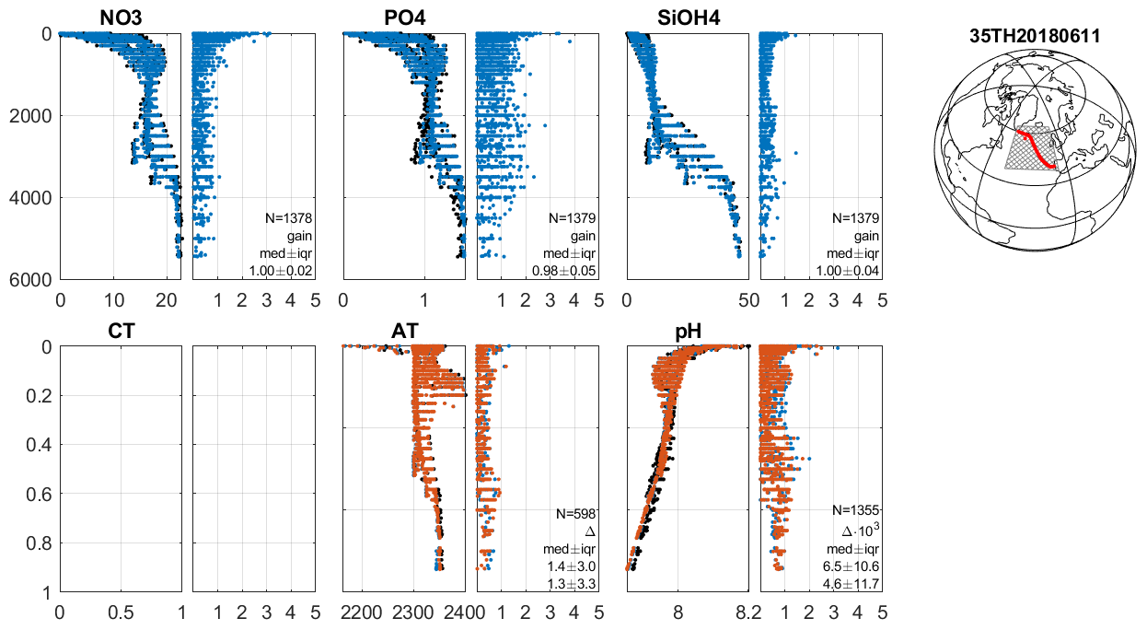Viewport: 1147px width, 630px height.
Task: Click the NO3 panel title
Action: pyautogui.click(x=121, y=17)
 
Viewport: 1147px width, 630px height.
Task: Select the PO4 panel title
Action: pyautogui.click(x=404, y=17)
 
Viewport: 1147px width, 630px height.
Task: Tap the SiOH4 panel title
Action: pyautogui.click(x=687, y=17)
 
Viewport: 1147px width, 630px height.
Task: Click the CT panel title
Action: pyautogui.click(x=121, y=331)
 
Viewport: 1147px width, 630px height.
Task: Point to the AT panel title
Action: pyautogui.click(x=404, y=331)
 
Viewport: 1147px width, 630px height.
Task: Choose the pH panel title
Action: pyautogui.click(x=689, y=331)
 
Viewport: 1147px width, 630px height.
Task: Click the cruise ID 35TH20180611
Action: pyautogui.click(x=1036, y=37)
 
